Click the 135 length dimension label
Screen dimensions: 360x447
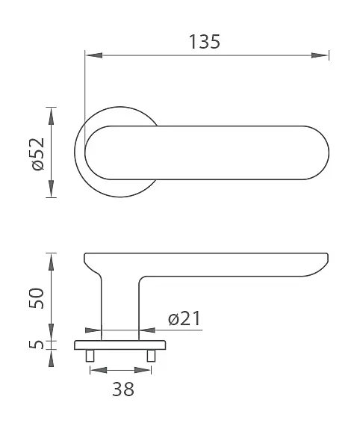205,42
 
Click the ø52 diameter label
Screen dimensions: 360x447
38,154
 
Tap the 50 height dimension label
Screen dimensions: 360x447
37,298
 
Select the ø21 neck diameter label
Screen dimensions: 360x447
184,318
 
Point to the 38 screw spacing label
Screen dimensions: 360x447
123,389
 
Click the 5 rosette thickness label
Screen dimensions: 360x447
37,345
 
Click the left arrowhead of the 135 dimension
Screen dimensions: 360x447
93,55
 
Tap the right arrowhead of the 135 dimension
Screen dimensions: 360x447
320,55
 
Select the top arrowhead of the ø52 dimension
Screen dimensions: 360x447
52,116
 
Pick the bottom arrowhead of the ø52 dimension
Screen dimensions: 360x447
52,188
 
